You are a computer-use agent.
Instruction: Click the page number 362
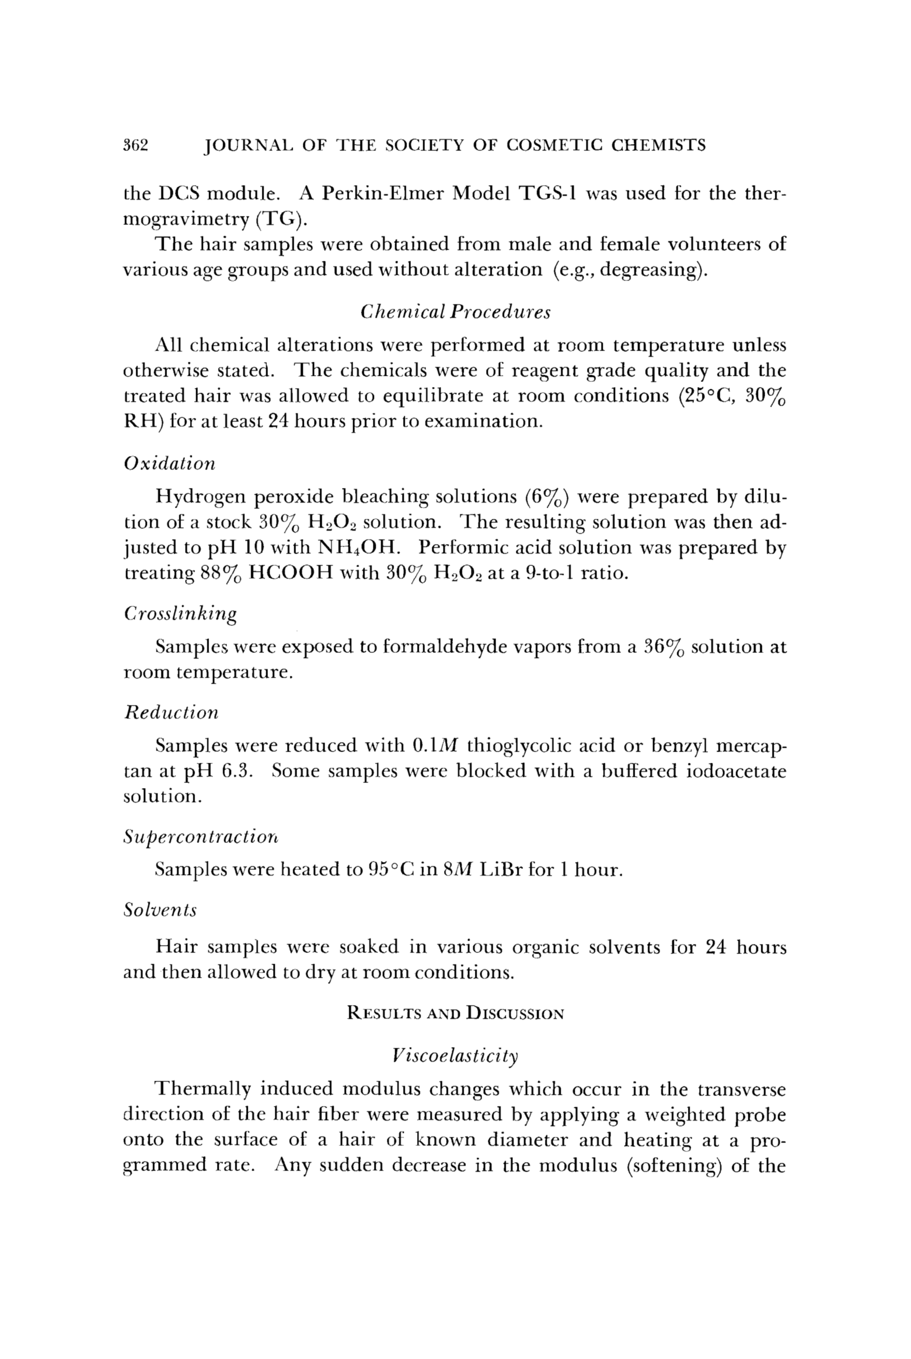(136, 145)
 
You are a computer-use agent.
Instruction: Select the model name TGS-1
(548, 193)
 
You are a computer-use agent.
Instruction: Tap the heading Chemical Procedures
(455, 312)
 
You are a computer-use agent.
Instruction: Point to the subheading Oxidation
(169, 463)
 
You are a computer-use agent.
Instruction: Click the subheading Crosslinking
(181, 614)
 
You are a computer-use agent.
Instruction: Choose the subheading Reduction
(172, 713)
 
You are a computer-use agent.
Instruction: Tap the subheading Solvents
(160, 910)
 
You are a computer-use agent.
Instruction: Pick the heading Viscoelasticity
(455, 1055)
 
